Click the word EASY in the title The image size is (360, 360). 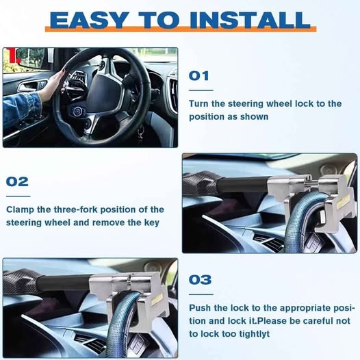(89, 20)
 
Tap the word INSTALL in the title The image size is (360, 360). (250, 20)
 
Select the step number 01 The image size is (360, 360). (199, 76)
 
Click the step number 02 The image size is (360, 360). (17, 181)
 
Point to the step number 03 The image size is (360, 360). (200, 280)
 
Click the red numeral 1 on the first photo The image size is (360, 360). (13, 55)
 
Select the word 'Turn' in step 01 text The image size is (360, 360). (199, 103)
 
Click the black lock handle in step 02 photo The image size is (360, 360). (242, 184)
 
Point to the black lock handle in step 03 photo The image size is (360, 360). (64, 283)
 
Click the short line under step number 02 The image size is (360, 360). (18, 196)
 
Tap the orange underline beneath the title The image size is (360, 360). (181, 29)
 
